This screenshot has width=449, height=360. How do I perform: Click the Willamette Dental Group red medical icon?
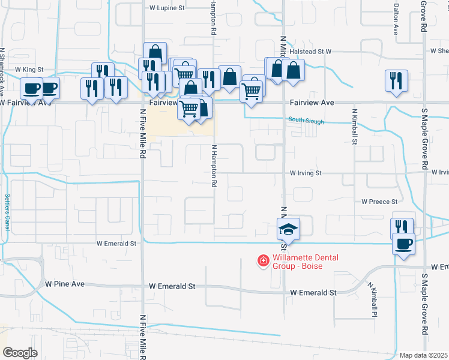[263, 260]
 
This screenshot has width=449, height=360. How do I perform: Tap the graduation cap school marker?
[288, 229]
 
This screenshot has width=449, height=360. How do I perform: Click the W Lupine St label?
[167, 8]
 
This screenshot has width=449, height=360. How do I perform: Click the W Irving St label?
[306, 173]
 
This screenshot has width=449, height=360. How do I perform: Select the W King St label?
[30, 70]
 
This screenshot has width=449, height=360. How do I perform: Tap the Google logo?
[20, 353]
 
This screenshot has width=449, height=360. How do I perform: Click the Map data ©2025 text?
[423, 355]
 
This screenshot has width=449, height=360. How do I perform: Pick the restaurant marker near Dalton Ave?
[397, 81]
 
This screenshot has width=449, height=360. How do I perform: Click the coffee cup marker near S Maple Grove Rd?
[403, 244]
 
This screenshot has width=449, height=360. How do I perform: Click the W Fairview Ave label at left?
[26, 103]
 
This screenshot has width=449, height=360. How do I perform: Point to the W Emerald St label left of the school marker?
[117, 244]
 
